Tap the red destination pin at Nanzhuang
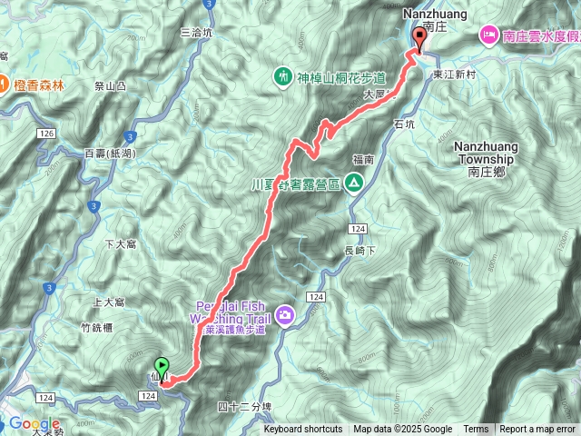coord(419,38)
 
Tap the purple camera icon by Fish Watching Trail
coord(286,314)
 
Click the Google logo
coord(34,423)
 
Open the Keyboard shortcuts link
coord(303,430)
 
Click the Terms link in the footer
coord(476,430)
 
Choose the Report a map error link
coord(537,430)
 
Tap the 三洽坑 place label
coord(196,32)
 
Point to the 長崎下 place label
coord(360,251)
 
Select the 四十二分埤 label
coord(245,405)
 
